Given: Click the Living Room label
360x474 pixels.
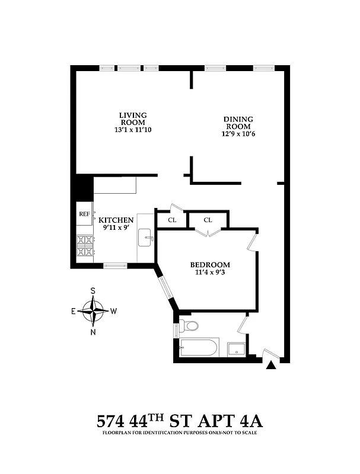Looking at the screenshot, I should [133, 118].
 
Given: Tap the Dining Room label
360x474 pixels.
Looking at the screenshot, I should [237, 123].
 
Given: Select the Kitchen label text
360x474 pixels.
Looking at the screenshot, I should [116, 220].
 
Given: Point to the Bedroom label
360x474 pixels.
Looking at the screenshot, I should [210, 264].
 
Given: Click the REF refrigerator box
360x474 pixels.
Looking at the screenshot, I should [84, 214].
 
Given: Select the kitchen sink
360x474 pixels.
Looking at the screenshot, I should [146, 239].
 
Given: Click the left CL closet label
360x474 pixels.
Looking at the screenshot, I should [172, 220].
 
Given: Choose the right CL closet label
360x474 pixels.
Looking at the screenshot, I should [208, 220].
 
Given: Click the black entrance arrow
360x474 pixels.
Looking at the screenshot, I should [271, 366].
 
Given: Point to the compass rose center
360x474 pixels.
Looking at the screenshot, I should [93, 310].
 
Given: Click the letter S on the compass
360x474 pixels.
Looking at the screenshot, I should [93, 291].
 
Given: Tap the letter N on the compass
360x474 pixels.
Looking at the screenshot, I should [93, 331].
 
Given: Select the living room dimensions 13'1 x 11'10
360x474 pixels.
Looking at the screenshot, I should [133, 130].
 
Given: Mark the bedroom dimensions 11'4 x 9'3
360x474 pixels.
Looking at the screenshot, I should [210, 273].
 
